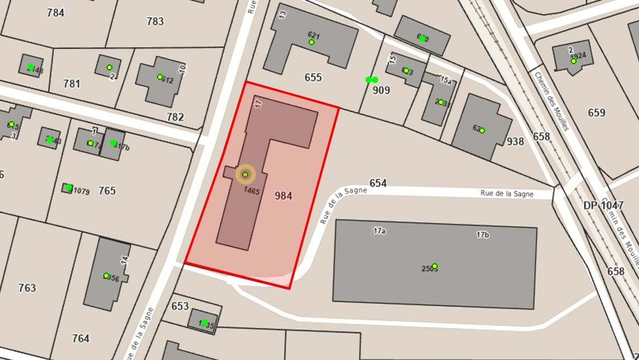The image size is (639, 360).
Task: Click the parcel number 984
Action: pyautogui.click(x=283, y=196)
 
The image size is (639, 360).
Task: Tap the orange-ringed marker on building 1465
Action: pyautogui.click(x=245, y=175)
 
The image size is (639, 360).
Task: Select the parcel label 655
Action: pyautogui.click(x=313, y=78)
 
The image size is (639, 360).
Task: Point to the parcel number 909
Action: pyautogui.click(x=381, y=90)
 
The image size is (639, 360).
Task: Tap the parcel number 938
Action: pyautogui.click(x=515, y=142)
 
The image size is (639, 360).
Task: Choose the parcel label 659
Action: pyautogui.click(x=597, y=113)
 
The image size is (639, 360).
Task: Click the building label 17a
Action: pyautogui.click(x=379, y=231)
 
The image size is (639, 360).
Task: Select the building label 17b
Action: pyautogui.click(x=483, y=234)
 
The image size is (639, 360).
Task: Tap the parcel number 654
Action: pyautogui.click(x=378, y=184)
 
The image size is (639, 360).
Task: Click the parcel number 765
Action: pyautogui.click(x=107, y=191)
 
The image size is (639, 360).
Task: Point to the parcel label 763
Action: pyautogui.click(x=27, y=288)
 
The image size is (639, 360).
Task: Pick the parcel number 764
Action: pyautogui.click(x=80, y=338)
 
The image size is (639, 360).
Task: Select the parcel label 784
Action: pyautogui.click(x=55, y=13)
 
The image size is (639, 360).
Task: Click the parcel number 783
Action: pyautogui.click(x=155, y=22)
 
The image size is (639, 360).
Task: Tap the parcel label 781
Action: pyautogui.click(x=71, y=84)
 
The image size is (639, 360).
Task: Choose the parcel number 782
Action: pyautogui.click(x=175, y=117)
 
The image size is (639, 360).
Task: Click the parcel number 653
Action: pyautogui.click(x=180, y=306)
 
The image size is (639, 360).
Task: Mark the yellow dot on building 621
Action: pyautogui.click(x=312, y=42)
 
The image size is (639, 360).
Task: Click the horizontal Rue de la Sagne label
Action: pyautogui.click(x=507, y=194)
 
